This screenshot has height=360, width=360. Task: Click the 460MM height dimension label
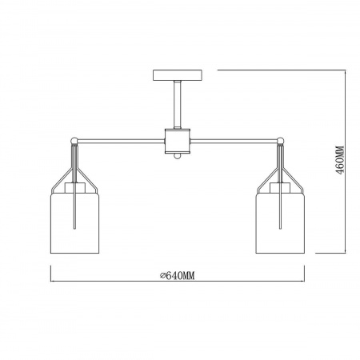coord(340,160)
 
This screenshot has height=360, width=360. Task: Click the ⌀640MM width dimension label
coord(178,276)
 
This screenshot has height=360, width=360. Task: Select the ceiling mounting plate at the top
coord(178,75)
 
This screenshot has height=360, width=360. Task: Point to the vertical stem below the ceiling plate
coord(178,105)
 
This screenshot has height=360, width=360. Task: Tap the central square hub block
coord(178,141)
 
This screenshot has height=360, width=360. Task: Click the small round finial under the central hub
coord(178,156)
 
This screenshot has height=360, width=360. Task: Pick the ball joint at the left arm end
coord(74,140)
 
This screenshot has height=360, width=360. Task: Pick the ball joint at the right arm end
coord(280,140)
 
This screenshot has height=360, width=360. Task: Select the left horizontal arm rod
coord(121,141)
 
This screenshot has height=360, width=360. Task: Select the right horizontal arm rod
coord(234,141)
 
